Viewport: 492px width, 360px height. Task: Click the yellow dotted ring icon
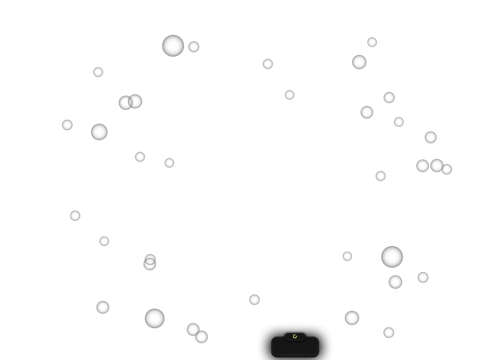(x=295, y=336)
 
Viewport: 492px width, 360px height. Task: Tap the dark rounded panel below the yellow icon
(x=295, y=347)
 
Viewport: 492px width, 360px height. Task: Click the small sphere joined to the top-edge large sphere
(x=194, y=47)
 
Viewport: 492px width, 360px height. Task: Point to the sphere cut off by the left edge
(x=67, y=125)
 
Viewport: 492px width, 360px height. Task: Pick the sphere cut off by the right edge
(x=447, y=169)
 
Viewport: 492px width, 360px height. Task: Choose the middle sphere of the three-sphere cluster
(x=436, y=166)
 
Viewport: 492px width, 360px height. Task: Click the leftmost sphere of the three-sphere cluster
(x=422, y=166)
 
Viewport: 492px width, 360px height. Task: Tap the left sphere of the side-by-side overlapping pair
(x=125, y=102)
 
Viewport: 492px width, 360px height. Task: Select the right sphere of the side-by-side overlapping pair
(x=136, y=101)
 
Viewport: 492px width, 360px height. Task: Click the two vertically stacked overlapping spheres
(x=150, y=263)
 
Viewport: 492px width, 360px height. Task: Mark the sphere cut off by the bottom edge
(x=202, y=337)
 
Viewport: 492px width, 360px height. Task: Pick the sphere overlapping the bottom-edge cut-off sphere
(x=193, y=329)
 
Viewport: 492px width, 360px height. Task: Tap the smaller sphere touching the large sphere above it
(x=395, y=282)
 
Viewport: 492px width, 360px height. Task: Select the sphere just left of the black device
(x=254, y=300)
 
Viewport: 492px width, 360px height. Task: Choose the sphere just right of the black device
(x=352, y=318)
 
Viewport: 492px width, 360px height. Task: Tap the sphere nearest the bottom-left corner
(x=103, y=307)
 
